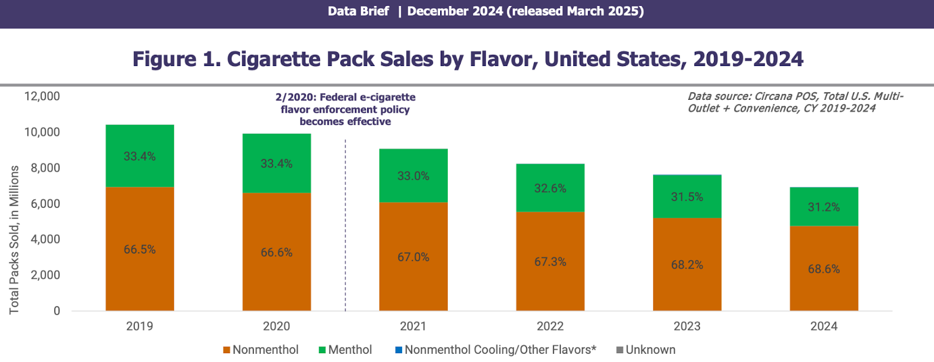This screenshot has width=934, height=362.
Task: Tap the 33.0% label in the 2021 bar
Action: (413, 176)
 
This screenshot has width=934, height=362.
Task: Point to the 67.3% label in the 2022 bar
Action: (550, 262)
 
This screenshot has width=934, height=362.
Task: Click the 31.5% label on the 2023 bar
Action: (686, 197)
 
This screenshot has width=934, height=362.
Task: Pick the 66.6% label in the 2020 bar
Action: (276, 252)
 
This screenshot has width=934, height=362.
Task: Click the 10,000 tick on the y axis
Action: (42, 132)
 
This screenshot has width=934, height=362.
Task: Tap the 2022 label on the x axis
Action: (550, 326)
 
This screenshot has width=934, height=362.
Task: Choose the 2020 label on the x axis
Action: (276, 326)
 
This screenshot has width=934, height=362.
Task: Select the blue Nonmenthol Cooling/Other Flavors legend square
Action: (399, 350)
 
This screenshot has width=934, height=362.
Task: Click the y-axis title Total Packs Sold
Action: (14, 240)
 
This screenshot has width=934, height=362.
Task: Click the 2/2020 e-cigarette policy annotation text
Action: (345, 109)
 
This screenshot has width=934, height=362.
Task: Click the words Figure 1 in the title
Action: (175, 59)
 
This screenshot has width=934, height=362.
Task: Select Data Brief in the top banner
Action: (358, 11)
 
